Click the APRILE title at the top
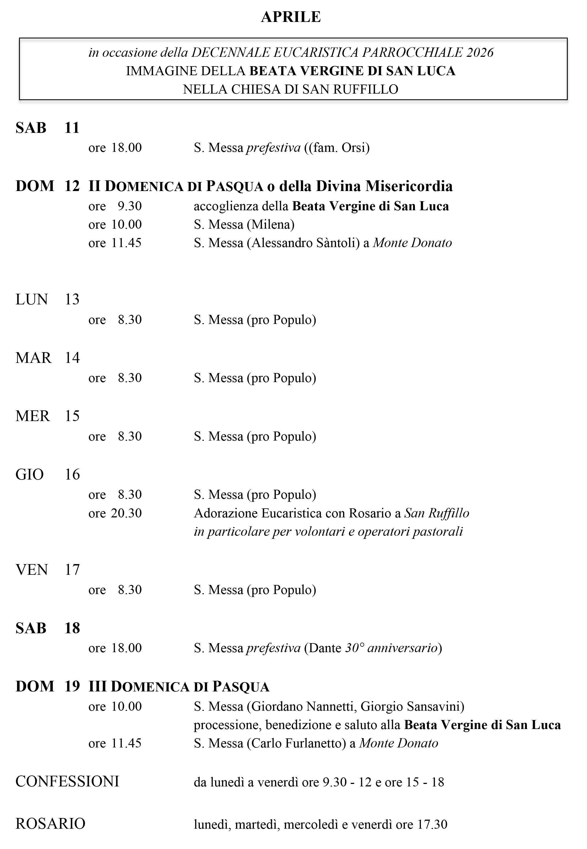point(291,17)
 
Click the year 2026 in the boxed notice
point(480,53)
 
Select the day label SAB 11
point(47,128)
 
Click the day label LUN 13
point(47,300)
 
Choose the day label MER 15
point(47,416)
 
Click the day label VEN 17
point(47,570)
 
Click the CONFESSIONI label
point(67,782)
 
